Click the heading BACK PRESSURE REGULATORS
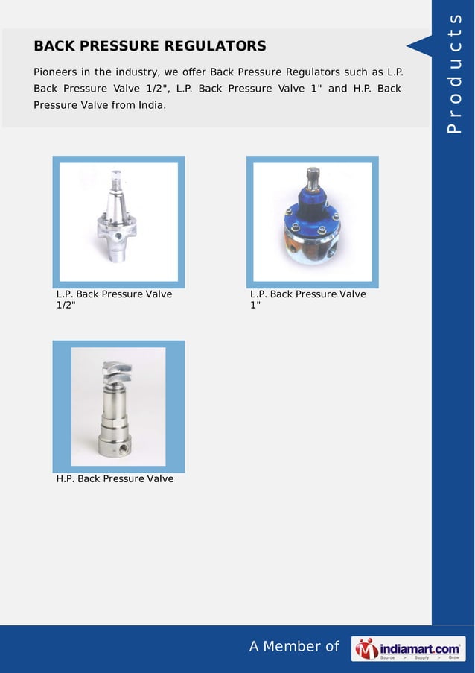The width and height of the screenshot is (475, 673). [150, 46]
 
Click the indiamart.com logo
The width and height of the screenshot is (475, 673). [408, 649]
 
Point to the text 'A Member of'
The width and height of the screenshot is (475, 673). [294, 647]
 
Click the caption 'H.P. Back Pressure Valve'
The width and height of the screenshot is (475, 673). [115, 478]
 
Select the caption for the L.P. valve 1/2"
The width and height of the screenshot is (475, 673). [114, 300]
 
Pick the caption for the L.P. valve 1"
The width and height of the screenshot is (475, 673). [308, 300]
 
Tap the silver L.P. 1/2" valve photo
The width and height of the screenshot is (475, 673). [118, 221]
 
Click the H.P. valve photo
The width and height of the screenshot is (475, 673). [118, 406]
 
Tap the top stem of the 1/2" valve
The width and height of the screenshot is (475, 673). [116, 180]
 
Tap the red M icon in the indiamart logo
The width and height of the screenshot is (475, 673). [366, 649]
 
